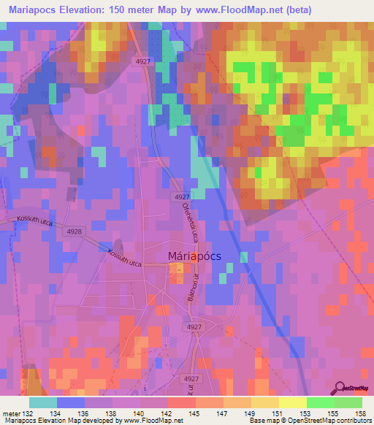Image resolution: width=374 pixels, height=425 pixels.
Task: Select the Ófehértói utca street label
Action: point(186,223)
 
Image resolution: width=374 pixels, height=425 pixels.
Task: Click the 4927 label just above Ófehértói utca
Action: point(183,197)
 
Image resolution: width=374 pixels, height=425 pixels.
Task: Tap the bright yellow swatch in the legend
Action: point(292,402)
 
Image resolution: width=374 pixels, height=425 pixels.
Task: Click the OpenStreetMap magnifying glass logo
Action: point(340,388)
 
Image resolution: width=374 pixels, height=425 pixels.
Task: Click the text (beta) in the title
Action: point(294,9)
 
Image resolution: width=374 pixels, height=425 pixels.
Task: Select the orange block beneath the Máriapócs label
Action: point(177,273)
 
